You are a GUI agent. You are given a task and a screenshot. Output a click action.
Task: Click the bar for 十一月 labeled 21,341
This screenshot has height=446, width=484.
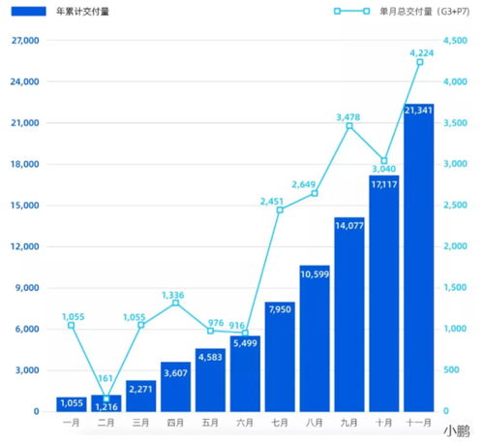(419, 262)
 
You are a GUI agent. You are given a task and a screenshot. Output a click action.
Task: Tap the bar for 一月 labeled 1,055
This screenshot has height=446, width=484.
(71, 403)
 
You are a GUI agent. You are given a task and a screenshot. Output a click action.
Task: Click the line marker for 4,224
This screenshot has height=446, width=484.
(419, 62)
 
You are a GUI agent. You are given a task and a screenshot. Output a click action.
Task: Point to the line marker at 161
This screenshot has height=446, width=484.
(106, 398)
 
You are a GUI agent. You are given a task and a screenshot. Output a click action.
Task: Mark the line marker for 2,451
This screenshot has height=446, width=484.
(280, 209)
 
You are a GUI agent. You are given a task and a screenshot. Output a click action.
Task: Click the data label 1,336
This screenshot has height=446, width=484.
(175, 295)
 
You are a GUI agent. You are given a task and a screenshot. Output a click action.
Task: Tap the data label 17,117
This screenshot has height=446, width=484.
(384, 184)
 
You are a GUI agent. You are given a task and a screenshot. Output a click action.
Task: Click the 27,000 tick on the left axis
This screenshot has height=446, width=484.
(24, 41)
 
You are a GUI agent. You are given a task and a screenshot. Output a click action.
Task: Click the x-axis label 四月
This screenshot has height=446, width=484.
(175, 424)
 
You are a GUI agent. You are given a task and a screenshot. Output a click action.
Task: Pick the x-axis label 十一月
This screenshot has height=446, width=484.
(419, 424)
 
